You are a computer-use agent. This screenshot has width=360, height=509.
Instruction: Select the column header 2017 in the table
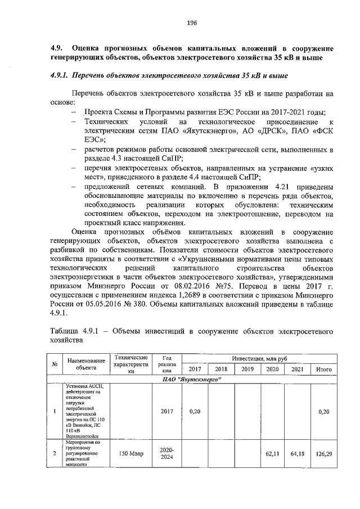tap(195, 370)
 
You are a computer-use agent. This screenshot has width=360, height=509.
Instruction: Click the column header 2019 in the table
tap(247, 370)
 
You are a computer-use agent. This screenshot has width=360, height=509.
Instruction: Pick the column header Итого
tap(323, 370)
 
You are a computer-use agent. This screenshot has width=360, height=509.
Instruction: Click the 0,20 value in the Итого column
tap(323, 411)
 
